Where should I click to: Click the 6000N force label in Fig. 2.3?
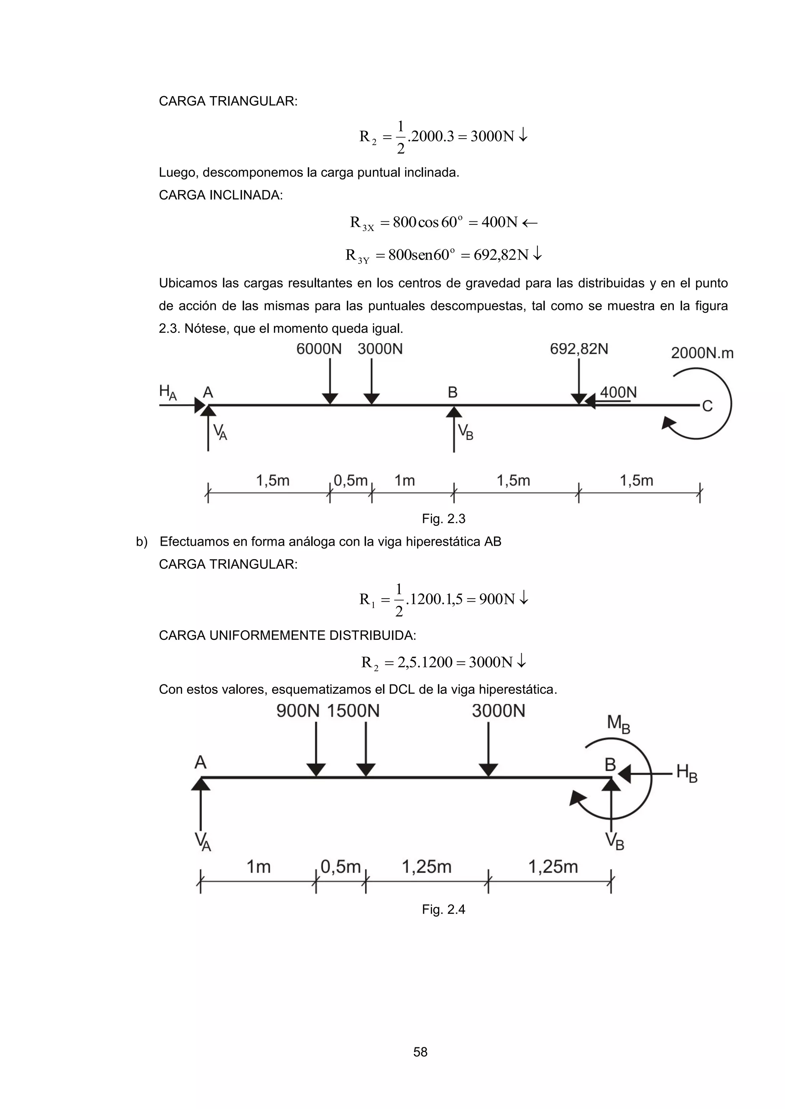click(x=319, y=349)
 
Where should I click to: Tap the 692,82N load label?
click(x=579, y=349)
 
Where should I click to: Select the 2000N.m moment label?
click(x=702, y=353)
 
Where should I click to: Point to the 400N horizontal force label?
click(x=618, y=392)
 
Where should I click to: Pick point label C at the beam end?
click(x=707, y=406)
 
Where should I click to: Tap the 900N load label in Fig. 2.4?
click(x=298, y=711)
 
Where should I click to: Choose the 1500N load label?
click(x=353, y=711)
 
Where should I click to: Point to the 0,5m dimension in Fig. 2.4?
click(x=340, y=867)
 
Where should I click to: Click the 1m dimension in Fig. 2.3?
click(x=405, y=481)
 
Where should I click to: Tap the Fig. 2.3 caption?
click(x=443, y=519)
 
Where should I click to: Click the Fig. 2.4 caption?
click(x=443, y=909)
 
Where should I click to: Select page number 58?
click(x=420, y=1052)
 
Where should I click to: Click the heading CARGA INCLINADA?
click(x=221, y=196)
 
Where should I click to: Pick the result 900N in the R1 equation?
click(x=497, y=599)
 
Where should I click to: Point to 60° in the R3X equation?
click(x=452, y=222)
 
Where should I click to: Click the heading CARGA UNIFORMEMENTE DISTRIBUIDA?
click(x=287, y=636)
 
